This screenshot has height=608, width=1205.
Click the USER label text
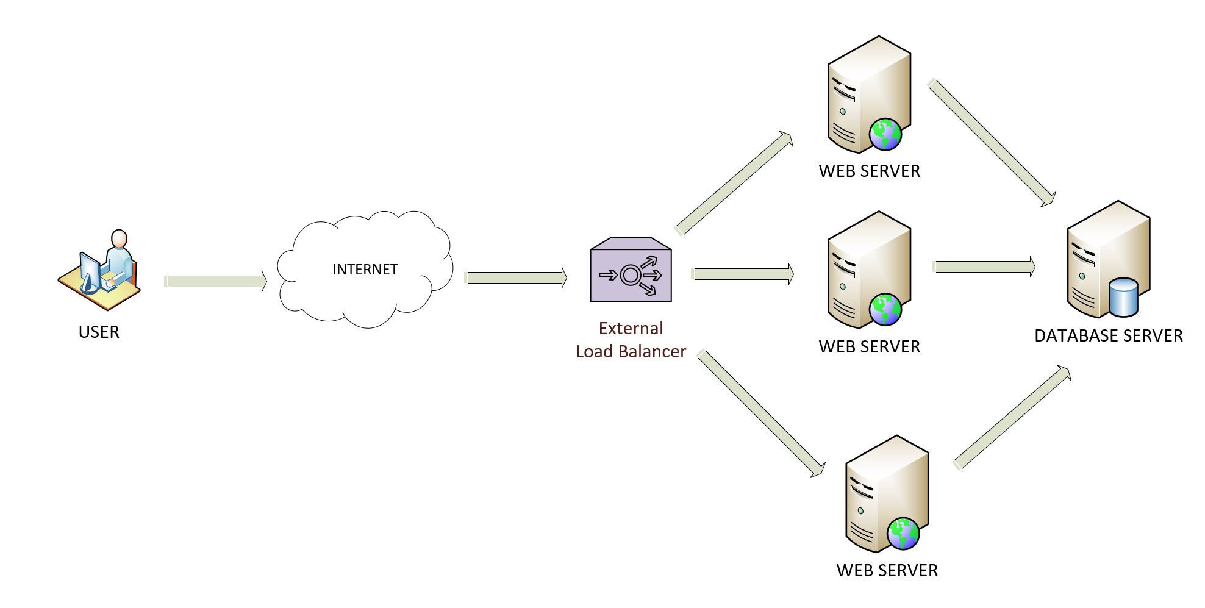(99, 332)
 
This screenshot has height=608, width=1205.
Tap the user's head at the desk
(119, 238)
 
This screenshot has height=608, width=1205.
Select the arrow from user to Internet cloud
(216, 281)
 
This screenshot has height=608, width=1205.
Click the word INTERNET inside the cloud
(365, 270)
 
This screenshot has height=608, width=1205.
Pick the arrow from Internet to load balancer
(515, 278)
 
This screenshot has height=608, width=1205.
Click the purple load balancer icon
(631, 272)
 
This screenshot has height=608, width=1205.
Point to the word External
(631, 329)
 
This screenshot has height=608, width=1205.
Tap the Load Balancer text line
(631, 352)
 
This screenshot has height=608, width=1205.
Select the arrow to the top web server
(735, 183)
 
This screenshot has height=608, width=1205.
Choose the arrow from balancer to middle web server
(743, 274)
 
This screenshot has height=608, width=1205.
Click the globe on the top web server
(885, 134)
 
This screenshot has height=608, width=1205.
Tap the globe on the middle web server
(885, 310)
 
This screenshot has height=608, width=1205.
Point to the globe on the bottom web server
(903, 534)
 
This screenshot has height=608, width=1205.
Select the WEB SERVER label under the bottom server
(887, 571)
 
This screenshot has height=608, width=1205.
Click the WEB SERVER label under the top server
(869, 171)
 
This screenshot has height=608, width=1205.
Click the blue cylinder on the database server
(1123, 297)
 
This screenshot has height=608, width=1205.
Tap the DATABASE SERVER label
(1108, 336)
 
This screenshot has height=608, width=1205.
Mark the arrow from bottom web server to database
(1012, 418)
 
